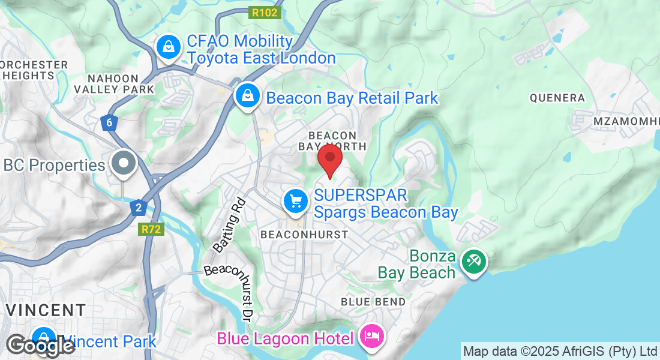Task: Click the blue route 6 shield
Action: [109, 123]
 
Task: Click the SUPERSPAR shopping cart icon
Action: [295, 202]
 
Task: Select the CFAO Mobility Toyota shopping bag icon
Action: [169, 46]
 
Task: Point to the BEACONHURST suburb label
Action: [304, 235]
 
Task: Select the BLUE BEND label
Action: [373, 301]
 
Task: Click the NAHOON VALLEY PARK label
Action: [113, 83]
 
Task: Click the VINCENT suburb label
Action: [46, 310]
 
